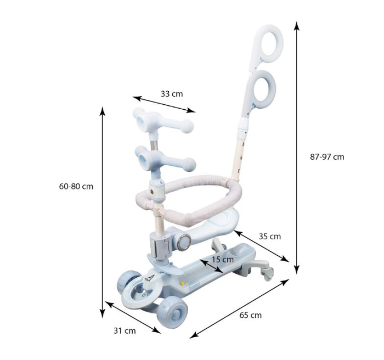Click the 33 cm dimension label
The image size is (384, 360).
click(x=172, y=94)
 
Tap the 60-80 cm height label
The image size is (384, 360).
click(x=76, y=186)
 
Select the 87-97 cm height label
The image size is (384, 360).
click(x=327, y=156)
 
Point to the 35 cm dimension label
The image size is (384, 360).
click(x=270, y=236)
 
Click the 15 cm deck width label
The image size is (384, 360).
click(x=223, y=259)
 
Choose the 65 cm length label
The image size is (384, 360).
click(x=250, y=315)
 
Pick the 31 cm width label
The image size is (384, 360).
click(x=125, y=330)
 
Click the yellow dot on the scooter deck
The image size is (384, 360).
click(x=182, y=284)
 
